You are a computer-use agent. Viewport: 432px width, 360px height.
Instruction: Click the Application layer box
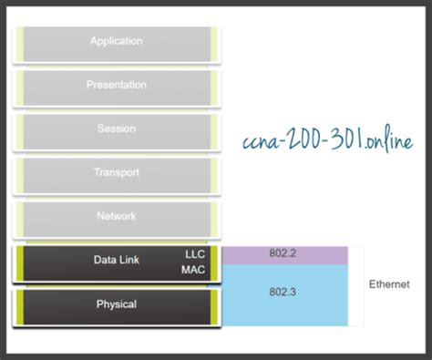(117, 42)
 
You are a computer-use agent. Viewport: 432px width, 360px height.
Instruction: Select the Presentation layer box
(117, 86)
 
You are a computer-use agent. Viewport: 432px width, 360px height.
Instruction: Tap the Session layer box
(117, 129)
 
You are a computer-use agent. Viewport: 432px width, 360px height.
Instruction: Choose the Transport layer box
(117, 173)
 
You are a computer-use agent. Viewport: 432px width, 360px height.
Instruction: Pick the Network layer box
(117, 217)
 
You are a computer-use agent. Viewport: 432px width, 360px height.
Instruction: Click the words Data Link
(116, 260)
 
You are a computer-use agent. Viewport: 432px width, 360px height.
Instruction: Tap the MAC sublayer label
(194, 270)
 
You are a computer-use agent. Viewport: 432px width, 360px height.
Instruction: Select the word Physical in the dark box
(117, 303)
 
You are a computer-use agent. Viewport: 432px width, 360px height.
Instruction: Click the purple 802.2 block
(284, 255)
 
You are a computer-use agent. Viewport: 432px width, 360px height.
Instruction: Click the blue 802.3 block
(284, 294)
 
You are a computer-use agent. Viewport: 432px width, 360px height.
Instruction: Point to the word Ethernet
(389, 285)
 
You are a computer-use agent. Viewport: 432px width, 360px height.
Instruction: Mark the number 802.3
(284, 293)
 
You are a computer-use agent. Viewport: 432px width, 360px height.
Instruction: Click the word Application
(117, 41)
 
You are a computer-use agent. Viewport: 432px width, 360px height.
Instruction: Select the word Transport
(117, 172)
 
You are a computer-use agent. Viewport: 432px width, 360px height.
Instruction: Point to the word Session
(117, 129)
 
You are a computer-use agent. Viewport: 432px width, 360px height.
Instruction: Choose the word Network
(117, 216)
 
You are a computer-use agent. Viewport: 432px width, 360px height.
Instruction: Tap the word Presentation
(117, 85)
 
